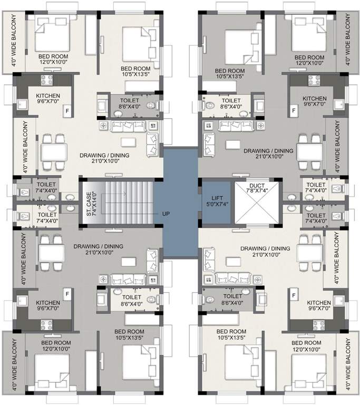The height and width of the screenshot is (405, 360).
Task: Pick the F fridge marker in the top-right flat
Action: tap(294, 111)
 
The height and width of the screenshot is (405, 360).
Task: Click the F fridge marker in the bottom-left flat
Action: tap(67, 292)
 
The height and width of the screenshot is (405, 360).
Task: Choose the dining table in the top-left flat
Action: tap(54, 153)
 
